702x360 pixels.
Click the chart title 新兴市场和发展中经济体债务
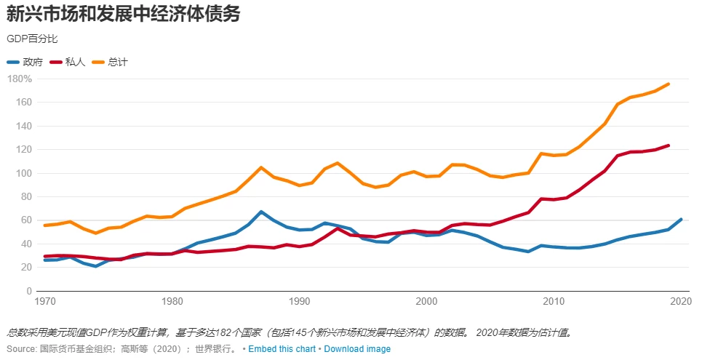[124, 14]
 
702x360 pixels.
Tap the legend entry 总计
[117, 62]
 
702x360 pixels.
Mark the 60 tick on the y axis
[24, 220]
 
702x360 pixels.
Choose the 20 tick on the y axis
[24, 268]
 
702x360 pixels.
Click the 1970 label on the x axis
[45, 301]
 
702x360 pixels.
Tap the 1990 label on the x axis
[300, 301]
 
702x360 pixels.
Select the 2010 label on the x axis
[554, 301]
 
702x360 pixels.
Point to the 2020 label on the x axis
[681, 301]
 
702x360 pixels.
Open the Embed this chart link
[282, 349]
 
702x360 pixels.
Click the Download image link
[357, 349]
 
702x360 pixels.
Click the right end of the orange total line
[669, 84]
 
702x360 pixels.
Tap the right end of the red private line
[669, 145]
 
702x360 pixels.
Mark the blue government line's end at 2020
[681, 219]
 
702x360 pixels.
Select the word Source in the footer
[20, 349]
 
